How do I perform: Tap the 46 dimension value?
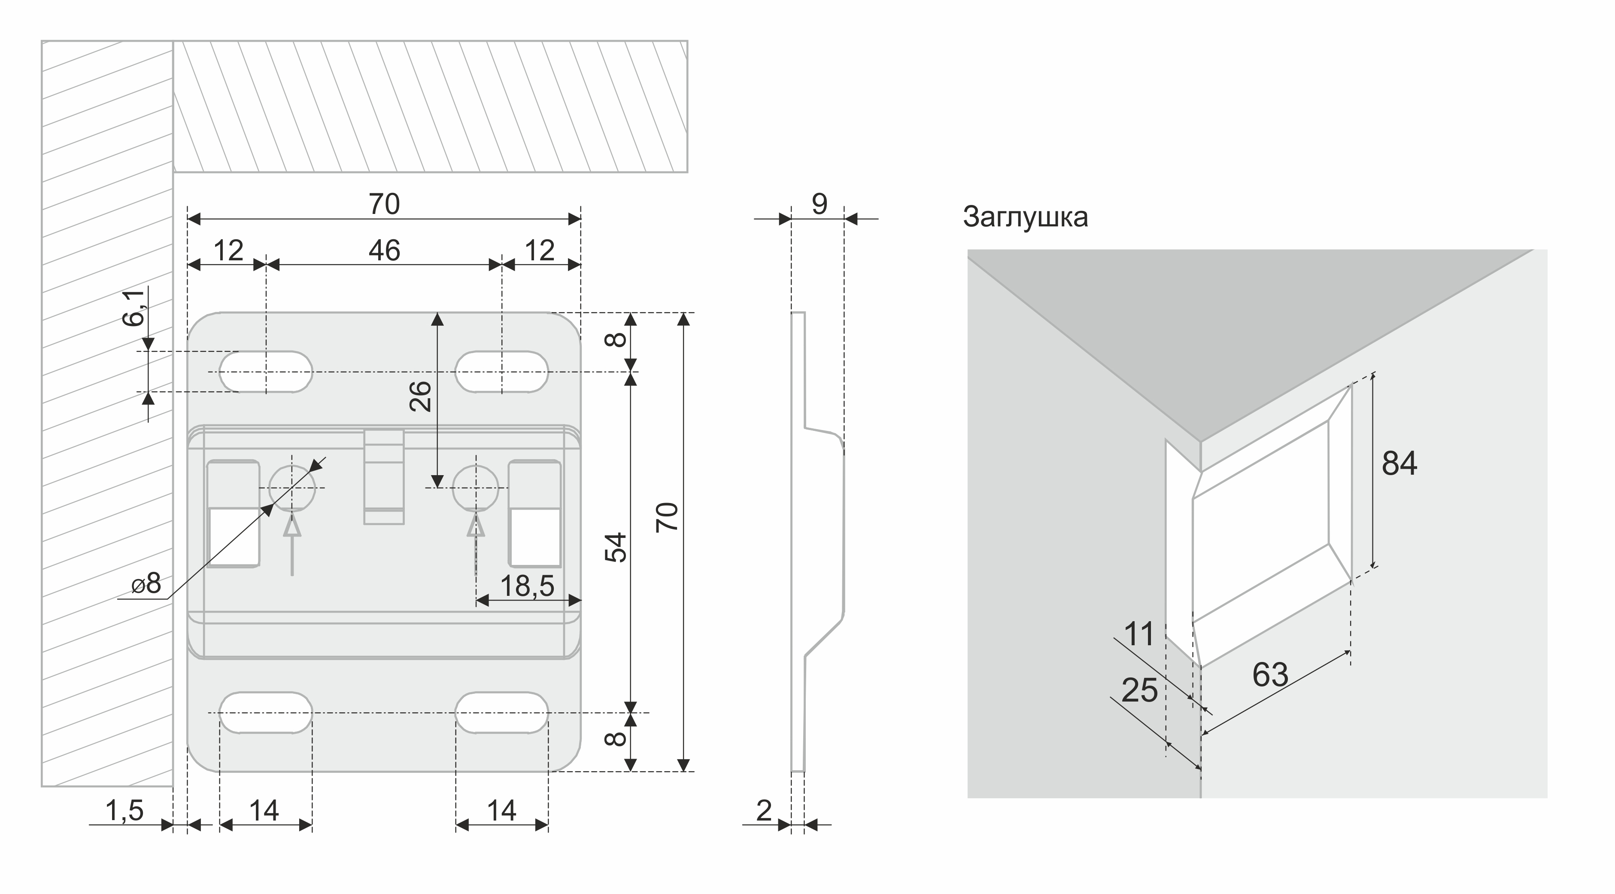point(384,251)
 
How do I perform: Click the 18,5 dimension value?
point(527,586)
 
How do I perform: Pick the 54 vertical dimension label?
point(617,547)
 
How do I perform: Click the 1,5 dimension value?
point(125,811)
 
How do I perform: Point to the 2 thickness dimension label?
point(764,811)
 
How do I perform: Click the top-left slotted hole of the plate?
point(266,372)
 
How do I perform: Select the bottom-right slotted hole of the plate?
point(501,713)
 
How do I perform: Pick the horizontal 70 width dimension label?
point(384,204)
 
